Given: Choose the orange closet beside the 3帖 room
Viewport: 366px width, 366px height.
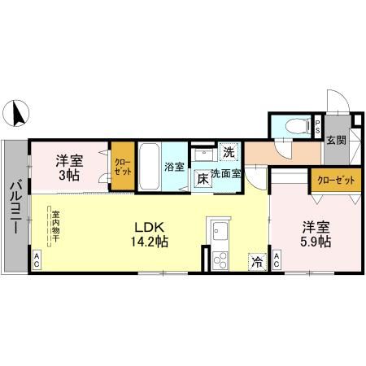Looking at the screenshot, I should click(121, 168).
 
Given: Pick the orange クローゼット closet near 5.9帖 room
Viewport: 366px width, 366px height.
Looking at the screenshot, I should click(335, 180).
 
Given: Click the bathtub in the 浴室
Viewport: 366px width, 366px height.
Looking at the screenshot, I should click(149, 168).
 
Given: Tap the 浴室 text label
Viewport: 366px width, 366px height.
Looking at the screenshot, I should click(175, 168).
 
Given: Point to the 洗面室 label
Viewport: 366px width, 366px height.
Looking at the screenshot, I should click(227, 172).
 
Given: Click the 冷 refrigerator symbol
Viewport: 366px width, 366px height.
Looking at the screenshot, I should click(256, 261).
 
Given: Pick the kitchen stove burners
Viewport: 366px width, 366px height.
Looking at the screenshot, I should click(219, 261).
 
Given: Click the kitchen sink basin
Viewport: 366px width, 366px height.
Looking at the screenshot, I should click(219, 230).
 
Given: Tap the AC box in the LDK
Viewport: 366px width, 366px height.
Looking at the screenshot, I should click(37, 260).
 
